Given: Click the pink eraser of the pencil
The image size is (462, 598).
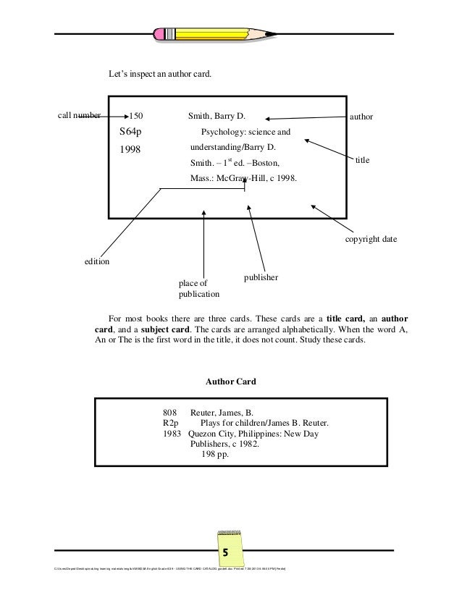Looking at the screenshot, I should (159, 33).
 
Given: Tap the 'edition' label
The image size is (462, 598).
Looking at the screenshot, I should (96, 261).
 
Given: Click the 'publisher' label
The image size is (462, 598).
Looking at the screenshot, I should (264, 277).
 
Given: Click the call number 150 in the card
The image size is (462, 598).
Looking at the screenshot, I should (136, 116).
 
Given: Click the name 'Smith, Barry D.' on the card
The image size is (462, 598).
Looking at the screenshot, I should (217, 116).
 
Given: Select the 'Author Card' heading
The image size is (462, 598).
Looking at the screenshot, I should (231, 381).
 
